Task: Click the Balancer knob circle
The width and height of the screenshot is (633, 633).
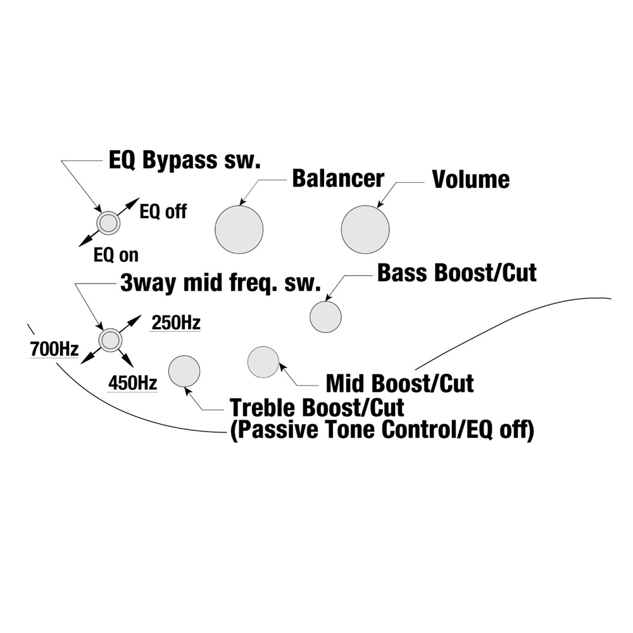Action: pos(239,229)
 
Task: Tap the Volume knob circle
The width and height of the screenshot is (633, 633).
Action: pos(365,229)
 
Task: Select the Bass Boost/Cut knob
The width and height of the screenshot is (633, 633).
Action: pos(325,316)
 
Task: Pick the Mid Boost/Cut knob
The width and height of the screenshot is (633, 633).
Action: pos(263,362)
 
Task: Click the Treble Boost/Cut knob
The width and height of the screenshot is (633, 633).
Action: pos(184,370)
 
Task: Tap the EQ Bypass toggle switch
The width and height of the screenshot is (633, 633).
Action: pos(108,223)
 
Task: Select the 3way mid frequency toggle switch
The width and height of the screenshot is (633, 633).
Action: pos(110,340)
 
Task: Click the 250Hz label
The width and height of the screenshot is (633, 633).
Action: pos(175,323)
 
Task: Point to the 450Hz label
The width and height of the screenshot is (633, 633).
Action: pos(133,383)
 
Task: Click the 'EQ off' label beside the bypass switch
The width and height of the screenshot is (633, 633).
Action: pos(163,211)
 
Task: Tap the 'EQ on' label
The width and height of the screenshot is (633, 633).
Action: pos(116,255)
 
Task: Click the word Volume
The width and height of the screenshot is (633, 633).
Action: pos(470,180)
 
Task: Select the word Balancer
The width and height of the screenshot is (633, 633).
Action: pos(337,179)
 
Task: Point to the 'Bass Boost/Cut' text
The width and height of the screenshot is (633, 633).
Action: pos(456,273)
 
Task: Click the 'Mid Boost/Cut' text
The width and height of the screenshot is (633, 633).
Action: pos(399,383)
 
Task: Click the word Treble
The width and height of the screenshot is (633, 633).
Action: pos(263,406)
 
